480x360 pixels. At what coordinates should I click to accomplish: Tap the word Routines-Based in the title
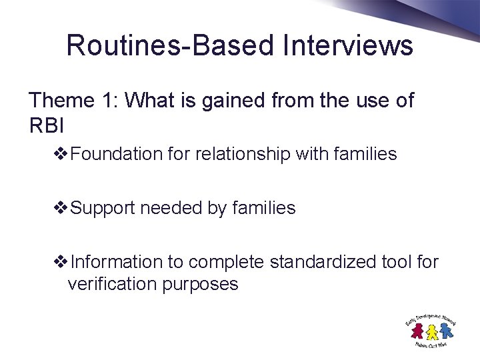click(170, 45)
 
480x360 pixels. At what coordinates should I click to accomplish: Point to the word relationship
click(242, 155)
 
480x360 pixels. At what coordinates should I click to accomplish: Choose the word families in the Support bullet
click(264, 209)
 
